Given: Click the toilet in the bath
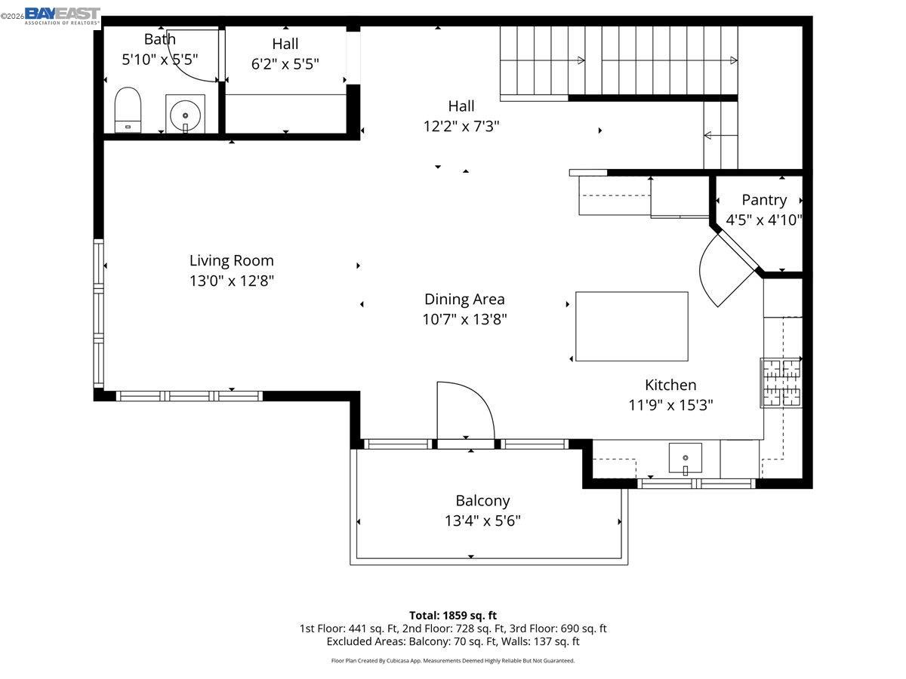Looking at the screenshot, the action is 128,109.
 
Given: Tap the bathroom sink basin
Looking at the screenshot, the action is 185,115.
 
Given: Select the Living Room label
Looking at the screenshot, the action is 232,260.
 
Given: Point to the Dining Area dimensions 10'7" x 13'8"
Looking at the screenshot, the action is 464,319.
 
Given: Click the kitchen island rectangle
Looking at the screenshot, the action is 631,326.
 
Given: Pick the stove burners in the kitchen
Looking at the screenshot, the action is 781,383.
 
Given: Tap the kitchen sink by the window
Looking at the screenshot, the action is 686,459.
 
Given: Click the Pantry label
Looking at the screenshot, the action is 764,200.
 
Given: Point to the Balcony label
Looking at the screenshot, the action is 482,500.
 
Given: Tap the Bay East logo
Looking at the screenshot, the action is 63,16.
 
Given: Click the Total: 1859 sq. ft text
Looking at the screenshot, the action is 453,616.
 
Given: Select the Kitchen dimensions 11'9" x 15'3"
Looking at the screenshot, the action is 670,405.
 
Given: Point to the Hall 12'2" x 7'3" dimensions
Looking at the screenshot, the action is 461,126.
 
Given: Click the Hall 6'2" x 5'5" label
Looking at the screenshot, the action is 285,54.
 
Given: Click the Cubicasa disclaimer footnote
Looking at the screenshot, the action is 453,661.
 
